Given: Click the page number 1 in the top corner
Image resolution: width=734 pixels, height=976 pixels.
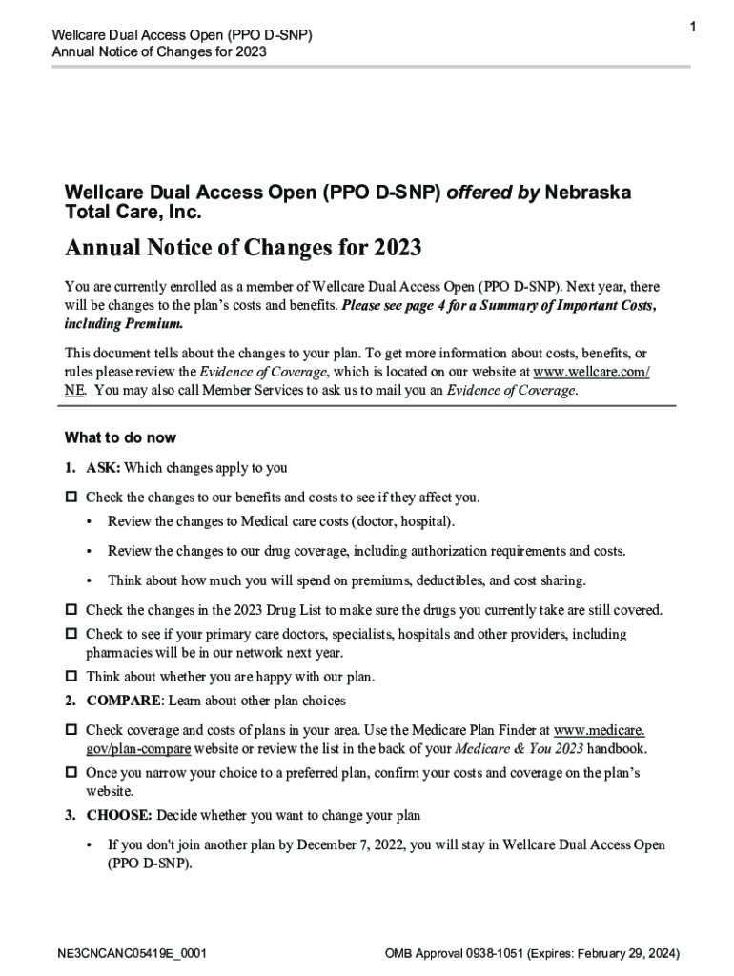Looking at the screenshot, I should click(x=693, y=30).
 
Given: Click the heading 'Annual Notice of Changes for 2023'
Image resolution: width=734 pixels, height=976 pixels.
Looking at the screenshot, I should click(x=243, y=249).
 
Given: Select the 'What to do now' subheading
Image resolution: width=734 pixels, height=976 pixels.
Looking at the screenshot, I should click(x=120, y=438).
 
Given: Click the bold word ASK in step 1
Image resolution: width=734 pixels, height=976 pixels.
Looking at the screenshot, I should click(x=102, y=468).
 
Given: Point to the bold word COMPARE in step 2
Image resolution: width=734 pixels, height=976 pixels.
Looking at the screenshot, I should click(x=123, y=701).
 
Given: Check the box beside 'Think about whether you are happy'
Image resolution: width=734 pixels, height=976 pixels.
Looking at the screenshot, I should click(x=71, y=677).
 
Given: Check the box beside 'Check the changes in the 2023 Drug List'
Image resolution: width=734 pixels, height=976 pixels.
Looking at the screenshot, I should click(x=71, y=610).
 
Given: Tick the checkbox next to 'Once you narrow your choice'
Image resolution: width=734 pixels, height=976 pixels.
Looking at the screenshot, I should click(x=71, y=773).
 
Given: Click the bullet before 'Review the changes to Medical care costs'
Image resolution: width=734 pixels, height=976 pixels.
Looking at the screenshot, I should click(x=89, y=522).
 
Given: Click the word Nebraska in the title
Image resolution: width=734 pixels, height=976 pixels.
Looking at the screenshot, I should click(x=588, y=193).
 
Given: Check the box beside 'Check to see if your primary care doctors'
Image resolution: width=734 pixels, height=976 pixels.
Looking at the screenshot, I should click(x=71, y=634).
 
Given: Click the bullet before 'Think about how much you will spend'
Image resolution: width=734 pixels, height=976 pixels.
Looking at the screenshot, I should click(x=89, y=580).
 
